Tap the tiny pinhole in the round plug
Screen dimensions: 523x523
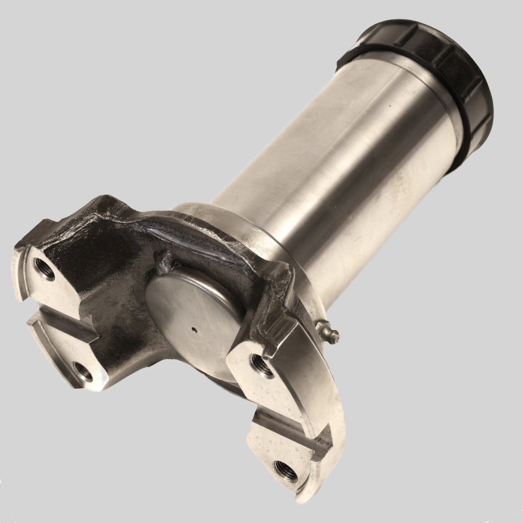(x=194, y=329)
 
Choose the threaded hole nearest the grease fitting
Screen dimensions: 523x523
(x=260, y=364)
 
